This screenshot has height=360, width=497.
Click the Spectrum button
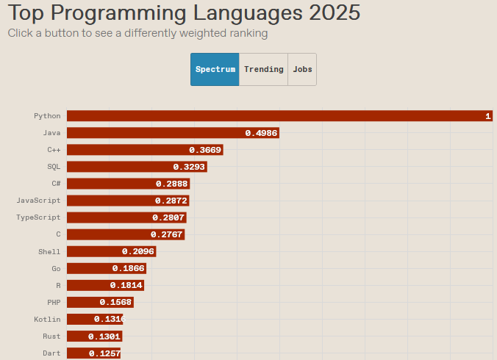tap(215, 69)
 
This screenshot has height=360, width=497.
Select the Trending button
tap(263, 69)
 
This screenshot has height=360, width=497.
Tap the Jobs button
tap(302, 69)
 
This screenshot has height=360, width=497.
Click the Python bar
tap(279, 116)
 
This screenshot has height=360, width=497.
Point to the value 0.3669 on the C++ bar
tap(205, 150)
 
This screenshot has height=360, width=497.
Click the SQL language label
tap(54, 167)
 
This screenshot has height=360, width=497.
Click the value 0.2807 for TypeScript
tap(168, 217)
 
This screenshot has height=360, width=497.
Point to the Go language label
tap(56, 268)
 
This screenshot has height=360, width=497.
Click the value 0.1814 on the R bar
tap(126, 285)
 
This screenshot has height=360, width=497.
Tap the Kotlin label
tap(47, 319)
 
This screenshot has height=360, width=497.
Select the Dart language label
tap(51, 353)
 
